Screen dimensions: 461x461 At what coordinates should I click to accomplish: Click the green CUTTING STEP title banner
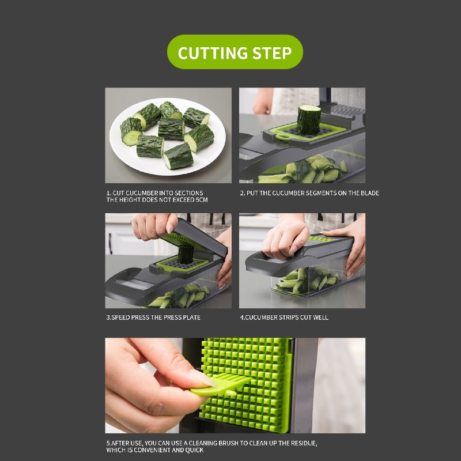point(235,52)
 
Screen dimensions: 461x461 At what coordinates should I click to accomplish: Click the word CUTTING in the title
point(212,53)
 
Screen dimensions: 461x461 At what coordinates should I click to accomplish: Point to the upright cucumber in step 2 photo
point(308,119)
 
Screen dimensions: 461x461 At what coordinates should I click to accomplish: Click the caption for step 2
point(309,193)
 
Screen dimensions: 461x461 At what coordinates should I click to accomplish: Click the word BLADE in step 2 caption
point(369,193)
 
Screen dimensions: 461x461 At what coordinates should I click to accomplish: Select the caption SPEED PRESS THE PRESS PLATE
point(154,318)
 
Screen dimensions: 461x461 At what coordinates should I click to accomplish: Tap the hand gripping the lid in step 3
point(153,225)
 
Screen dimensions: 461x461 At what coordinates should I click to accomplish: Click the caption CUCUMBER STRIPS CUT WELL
point(284,318)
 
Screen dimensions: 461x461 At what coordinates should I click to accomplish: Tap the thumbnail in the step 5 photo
point(202,377)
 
